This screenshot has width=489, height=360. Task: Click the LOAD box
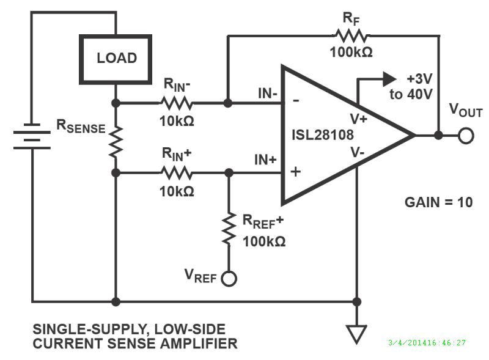click(117, 59)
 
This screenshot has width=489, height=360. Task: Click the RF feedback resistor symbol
click(350, 35)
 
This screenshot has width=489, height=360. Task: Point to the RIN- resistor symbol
click(177, 103)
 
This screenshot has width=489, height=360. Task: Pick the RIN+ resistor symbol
click(177, 173)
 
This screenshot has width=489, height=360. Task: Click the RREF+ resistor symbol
click(229, 229)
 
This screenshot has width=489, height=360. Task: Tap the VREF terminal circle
click(230, 279)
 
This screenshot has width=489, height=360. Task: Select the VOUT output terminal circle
click(466, 136)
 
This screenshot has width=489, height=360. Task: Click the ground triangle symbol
click(356, 334)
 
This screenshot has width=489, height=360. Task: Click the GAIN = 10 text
click(438, 202)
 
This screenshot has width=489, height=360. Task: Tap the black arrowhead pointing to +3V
click(388, 78)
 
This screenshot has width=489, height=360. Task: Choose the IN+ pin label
click(266, 161)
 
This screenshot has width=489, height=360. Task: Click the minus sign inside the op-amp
click(296, 101)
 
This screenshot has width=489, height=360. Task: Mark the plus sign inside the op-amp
click(296, 171)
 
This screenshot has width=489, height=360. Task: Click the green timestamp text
click(427, 343)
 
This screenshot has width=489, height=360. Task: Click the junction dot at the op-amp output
click(438, 136)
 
